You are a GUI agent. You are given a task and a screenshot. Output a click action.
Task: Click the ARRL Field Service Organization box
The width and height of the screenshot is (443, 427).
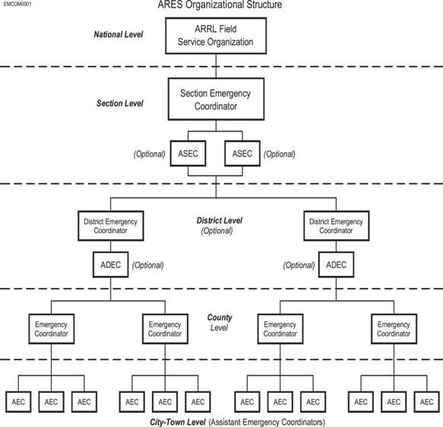216,36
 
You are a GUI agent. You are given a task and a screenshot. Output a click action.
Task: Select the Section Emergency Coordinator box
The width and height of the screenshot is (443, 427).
216,99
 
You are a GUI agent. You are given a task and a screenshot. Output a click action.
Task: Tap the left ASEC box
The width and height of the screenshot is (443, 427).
188,153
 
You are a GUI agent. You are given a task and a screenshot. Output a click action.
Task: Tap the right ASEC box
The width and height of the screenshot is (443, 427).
242,153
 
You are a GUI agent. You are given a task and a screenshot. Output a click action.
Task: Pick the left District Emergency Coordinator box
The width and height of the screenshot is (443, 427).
111,226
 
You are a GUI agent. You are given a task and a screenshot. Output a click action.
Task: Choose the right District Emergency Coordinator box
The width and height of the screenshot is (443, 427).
336,226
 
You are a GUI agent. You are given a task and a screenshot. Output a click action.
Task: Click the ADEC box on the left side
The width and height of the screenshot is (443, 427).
111,264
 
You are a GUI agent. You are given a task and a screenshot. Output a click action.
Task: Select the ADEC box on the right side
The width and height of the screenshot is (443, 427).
336,264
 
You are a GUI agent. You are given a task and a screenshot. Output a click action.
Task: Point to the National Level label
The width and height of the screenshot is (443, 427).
119,34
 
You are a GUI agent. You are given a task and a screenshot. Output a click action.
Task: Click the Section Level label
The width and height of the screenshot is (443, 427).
120,103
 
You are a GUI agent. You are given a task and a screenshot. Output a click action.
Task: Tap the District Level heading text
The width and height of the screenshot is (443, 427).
220,220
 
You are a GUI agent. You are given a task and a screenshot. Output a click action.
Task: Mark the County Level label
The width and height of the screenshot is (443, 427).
220,322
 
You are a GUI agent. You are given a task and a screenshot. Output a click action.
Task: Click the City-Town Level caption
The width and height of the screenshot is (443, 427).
177,422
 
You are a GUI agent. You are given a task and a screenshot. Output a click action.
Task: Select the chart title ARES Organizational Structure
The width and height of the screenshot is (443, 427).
220,5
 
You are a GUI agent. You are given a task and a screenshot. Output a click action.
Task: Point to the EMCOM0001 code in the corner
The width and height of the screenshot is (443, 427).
17,5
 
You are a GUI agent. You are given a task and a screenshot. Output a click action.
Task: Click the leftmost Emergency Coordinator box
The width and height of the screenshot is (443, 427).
52,329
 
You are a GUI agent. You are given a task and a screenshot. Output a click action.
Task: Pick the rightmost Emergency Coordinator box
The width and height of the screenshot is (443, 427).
394,329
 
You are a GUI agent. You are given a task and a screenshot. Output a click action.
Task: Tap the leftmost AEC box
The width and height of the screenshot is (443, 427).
18,402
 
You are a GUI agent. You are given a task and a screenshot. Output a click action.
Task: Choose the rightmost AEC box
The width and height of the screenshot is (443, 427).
426,402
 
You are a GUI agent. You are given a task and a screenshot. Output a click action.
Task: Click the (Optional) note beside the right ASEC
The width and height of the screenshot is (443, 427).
280,154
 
